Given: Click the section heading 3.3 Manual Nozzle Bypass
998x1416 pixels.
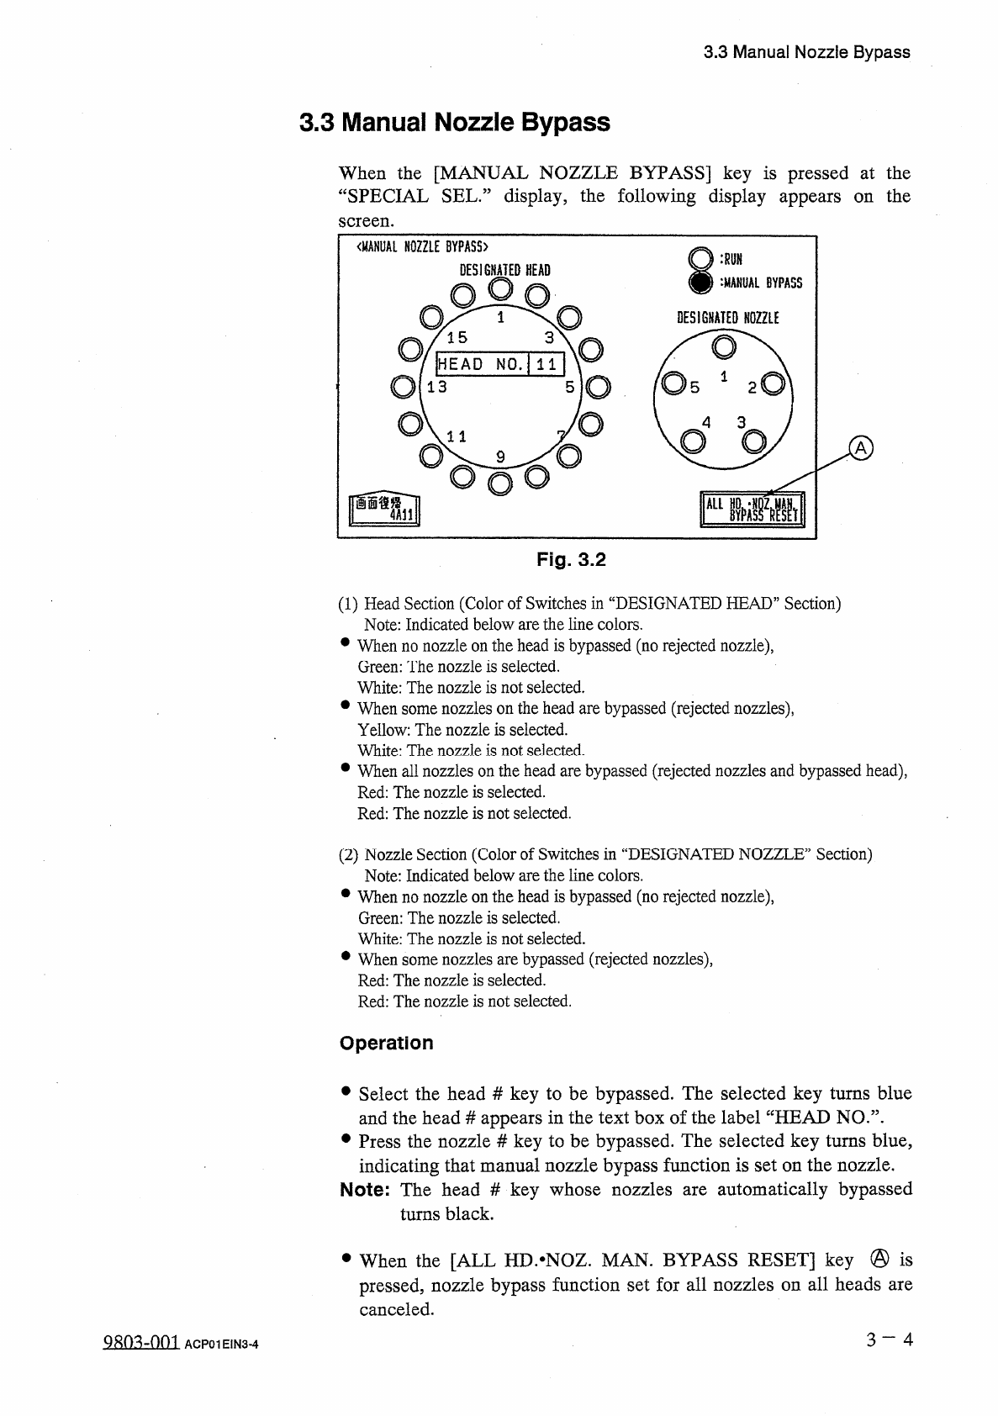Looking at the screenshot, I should click(x=455, y=123).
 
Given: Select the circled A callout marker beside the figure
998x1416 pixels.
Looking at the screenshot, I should click(x=862, y=448).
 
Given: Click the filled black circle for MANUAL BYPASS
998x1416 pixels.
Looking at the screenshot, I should click(x=699, y=283).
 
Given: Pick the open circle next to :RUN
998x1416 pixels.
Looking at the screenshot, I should click(x=699, y=259).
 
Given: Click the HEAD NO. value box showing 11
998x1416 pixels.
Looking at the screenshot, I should click(x=547, y=364).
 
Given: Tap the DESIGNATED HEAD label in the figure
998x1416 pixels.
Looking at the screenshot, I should click(x=504, y=270).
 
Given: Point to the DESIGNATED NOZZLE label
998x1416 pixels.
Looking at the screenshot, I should click(x=728, y=318).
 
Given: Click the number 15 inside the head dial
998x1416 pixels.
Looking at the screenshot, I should click(x=457, y=338).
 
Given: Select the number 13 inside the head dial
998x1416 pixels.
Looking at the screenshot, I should click(x=437, y=388).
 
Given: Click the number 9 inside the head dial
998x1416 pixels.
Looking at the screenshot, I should click(x=500, y=457).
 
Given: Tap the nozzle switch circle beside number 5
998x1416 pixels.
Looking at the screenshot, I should click(x=673, y=385).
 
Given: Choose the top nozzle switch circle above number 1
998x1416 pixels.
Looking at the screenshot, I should click(x=723, y=346).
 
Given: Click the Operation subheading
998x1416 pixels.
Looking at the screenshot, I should click(x=387, y=1043).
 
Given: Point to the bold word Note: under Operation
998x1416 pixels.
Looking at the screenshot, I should click(x=364, y=1190).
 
